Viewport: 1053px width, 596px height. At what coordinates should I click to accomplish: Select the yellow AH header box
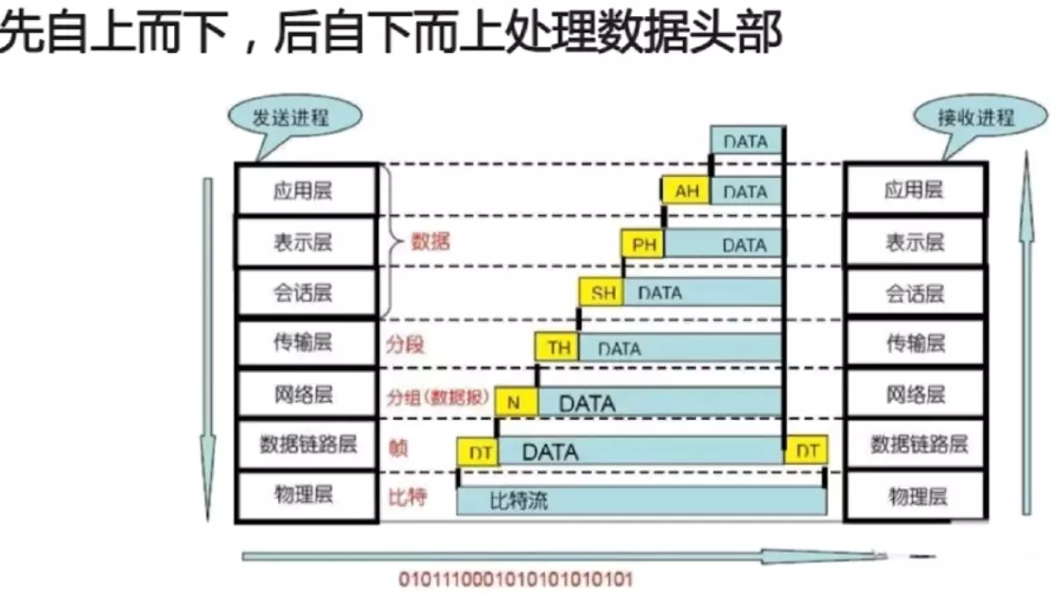coord(686,191)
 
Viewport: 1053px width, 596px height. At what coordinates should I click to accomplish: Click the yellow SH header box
coord(603,292)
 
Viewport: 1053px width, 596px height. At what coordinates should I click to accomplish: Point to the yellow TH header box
coord(558,347)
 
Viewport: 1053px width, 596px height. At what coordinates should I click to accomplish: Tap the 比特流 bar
coord(641,500)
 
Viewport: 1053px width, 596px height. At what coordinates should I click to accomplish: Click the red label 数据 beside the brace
coord(430,241)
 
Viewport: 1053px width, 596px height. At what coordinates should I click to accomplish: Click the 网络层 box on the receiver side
coord(915,394)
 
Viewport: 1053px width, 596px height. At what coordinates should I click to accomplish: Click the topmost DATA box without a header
coord(746,140)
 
